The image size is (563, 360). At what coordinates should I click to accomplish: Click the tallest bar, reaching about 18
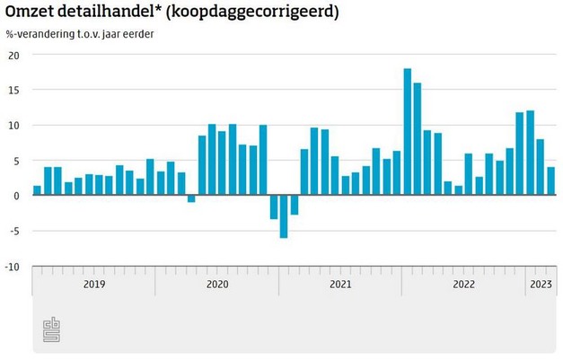pos(407,131)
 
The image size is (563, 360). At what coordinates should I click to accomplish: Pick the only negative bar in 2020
pos(191,198)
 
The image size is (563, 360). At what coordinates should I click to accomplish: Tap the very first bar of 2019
pos(37,190)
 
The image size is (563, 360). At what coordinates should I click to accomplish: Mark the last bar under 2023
pos(550,181)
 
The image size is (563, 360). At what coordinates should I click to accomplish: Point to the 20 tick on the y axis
pos(13,55)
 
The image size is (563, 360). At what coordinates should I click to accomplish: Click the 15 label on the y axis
pos(13,90)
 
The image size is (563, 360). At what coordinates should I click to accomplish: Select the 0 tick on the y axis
pos(16,196)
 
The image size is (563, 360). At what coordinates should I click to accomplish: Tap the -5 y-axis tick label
pos(13,231)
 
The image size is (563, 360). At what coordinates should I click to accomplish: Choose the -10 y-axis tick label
pos(12,267)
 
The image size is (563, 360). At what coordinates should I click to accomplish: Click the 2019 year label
pos(93,285)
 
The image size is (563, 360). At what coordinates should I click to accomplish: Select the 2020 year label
pos(216,285)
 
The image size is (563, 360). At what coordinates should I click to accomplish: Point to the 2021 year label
pos(339,285)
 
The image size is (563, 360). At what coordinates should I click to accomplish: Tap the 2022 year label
pos(463,285)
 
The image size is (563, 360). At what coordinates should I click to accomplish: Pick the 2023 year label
pos(541,285)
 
